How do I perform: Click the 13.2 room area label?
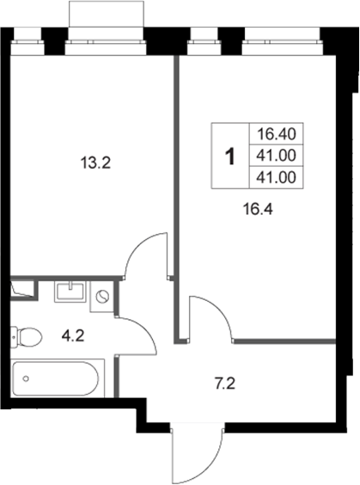(x=95, y=163)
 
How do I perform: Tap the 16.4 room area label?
(x=258, y=210)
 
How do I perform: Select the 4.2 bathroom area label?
(x=73, y=335)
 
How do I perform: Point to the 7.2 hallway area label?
(x=225, y=384)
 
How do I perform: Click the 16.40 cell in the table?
(x=277, y=134)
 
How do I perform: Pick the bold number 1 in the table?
(x=230, y=157)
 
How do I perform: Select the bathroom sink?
(x=70, y=291)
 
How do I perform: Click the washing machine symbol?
(x=102, y=297)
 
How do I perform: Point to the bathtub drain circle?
(x=26, y=378)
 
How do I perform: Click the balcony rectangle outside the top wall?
(x=107, y=14)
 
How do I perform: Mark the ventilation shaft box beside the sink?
(x=24, y=289)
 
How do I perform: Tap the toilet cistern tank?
(x=14, y=337)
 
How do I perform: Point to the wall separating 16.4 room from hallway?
(x=284, y=341)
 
